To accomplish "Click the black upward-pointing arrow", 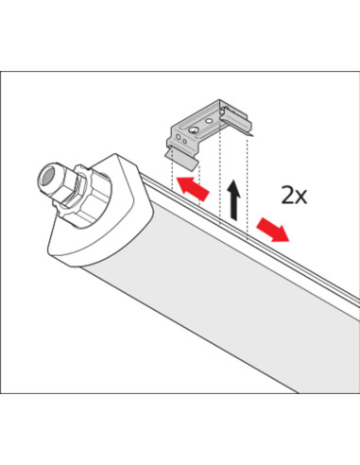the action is (233, 199).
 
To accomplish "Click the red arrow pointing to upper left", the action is (193, 188).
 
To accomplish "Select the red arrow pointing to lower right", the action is (272, 230).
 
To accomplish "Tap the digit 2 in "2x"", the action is (288, 196).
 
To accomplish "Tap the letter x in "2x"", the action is (301, 198).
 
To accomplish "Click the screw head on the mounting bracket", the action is (193, 130).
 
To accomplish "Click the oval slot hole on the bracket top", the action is (208, 120).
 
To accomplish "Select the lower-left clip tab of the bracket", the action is (182, 160).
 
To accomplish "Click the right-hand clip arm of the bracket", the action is (236, 122).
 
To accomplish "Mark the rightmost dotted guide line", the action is (248, 187).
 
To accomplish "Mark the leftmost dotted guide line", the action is (172, 174).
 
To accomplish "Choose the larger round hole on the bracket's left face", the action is (179, 137).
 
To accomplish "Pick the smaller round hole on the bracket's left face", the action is (184, 141).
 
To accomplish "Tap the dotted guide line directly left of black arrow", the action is (219, 177).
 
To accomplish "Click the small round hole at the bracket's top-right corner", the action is (223, 111).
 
